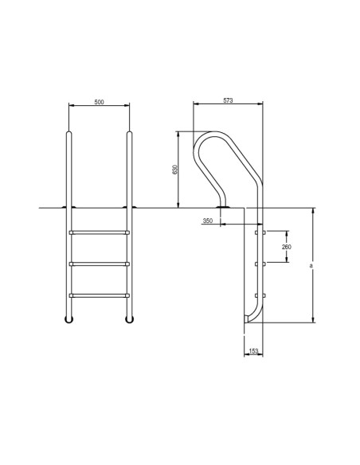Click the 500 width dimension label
(99, 102)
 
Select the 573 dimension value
(228, 101)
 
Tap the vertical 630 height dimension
(174, 170)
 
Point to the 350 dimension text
(208, 220)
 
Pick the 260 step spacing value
(287, 247)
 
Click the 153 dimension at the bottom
(252, 350)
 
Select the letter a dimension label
(311, 266)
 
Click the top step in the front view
(100, 232)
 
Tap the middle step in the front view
(100, 264)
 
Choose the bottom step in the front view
(100, 295)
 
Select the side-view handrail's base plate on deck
(225, 208)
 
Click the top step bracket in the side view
(256, 232)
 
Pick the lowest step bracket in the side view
(256, 295)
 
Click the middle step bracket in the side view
(256, 264)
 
